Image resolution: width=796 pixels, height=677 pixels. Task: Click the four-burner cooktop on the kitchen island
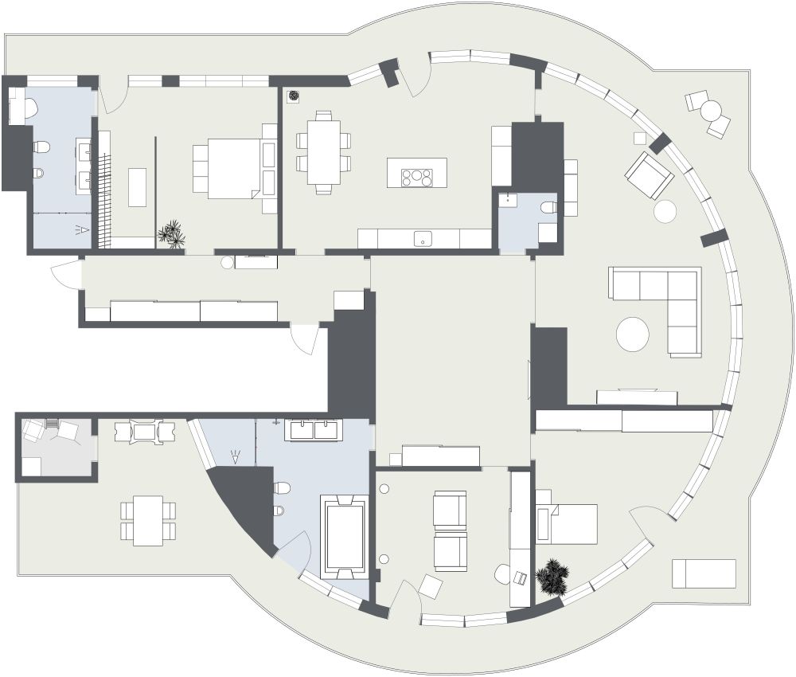(x=417, y=176)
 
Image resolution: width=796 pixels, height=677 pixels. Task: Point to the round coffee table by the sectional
(x=634, y=334)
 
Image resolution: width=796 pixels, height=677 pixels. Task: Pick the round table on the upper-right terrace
(x=711, y=110)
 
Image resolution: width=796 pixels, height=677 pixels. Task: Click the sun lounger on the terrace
(x=704, y=573)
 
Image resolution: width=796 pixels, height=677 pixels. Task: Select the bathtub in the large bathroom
(x=344, y=536)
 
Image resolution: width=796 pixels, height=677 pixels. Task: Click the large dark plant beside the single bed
(x=552, y=577)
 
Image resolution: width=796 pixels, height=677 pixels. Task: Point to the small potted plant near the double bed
(x=171, y=234)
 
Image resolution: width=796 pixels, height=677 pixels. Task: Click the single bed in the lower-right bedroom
(x=569, y=523)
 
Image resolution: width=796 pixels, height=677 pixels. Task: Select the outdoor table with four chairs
(x=148, y=521)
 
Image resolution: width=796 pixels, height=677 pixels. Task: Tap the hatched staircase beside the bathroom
(x=103, y=199)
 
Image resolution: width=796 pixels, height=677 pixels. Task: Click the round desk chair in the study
(x=502, y=574)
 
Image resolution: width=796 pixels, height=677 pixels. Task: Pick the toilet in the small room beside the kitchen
(x=549, y=208)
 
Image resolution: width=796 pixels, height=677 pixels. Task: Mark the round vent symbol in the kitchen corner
(x=294, y=96)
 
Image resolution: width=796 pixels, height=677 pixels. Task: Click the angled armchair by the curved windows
(x=650, y=174)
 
